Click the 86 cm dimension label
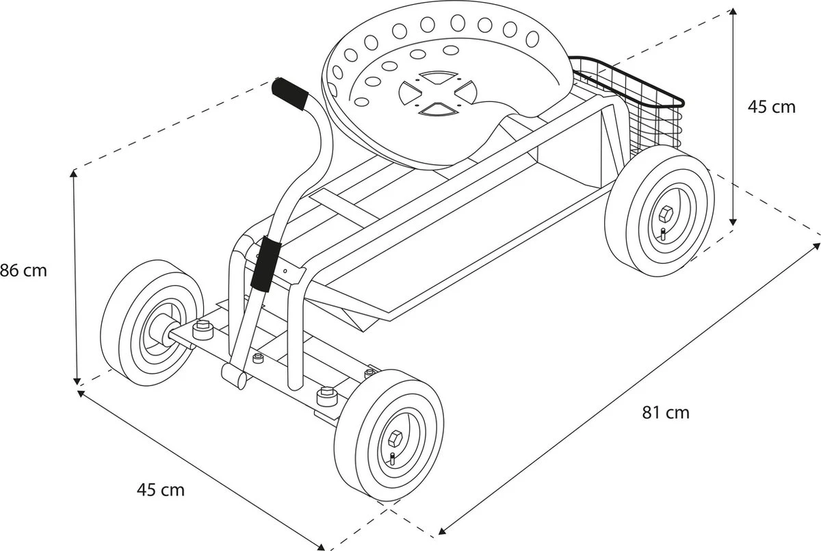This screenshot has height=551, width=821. [x=24, y=270]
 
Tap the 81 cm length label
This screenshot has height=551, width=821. [x=665, y=413]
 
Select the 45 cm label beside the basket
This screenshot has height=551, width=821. [x=772, y=107]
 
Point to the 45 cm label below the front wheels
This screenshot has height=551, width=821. [x=161, y=490]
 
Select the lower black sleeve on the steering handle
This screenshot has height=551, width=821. [x=265, y=264]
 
